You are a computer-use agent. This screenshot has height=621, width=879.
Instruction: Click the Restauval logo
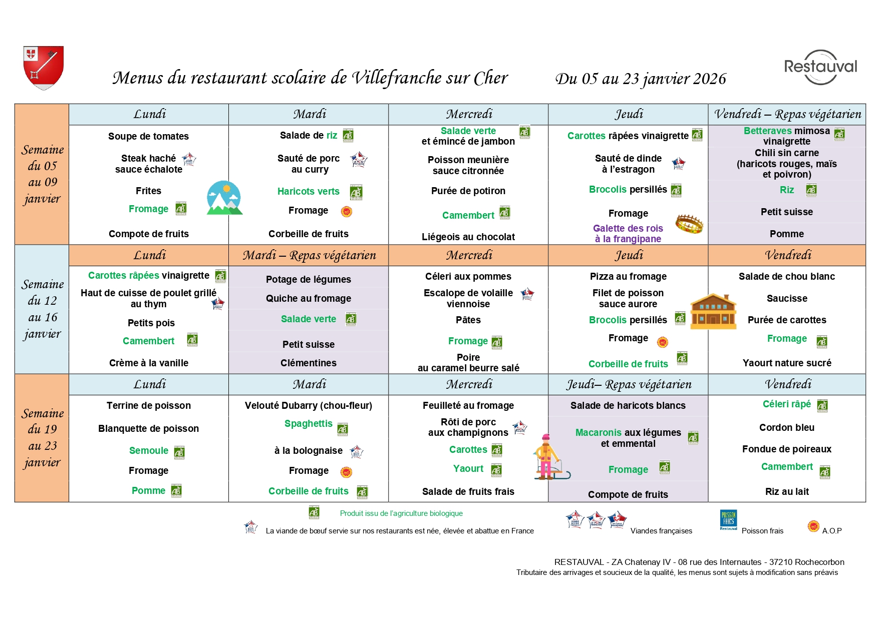(820, 67)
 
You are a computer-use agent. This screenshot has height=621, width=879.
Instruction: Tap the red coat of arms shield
(44, 67)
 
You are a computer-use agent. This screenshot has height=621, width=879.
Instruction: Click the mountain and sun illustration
(224, 198)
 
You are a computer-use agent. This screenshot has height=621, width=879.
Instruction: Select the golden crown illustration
(689, 224)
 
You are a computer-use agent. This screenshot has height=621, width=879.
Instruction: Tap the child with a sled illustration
(549, 457)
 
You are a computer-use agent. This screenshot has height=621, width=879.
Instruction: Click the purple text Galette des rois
(628, 228)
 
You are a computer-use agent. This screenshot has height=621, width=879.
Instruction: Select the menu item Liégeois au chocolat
(468, 237)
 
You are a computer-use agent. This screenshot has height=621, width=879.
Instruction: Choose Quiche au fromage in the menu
(308, 298)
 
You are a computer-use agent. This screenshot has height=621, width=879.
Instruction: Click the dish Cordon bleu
(786, 427)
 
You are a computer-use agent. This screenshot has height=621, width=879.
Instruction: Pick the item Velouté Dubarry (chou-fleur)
(308, 405)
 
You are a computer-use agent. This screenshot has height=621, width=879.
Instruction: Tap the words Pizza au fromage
(628, 276)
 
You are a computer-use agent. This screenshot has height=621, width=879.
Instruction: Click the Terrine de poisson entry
(148, 405)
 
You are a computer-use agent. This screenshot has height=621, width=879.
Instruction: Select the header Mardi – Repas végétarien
(309, 255)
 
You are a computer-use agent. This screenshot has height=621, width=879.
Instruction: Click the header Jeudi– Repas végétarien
(629, 384)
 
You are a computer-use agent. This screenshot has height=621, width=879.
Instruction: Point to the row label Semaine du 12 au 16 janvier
(42, 309)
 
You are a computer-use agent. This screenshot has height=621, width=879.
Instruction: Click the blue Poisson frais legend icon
(728, 520)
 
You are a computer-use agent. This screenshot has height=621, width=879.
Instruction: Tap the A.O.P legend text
(831, 530)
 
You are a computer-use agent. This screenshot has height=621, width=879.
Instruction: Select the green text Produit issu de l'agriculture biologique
(401, 513)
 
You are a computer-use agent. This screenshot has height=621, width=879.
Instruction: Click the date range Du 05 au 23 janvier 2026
(640, 79)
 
